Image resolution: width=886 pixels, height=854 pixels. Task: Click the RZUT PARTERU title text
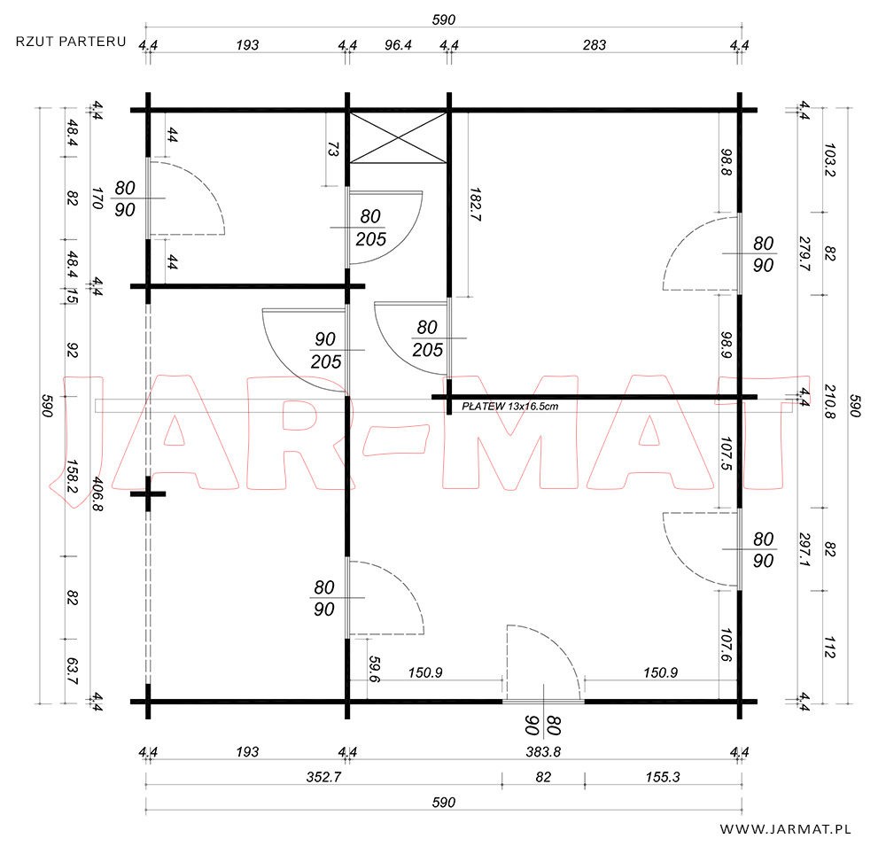coord(71,42)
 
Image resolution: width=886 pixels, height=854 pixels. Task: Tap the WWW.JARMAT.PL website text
coord(785,829)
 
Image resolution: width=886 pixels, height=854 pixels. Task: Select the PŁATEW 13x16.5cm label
coord(510,406)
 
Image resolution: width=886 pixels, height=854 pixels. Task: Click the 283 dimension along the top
coord(595,44)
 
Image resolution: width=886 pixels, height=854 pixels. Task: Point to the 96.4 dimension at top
coord(399,44)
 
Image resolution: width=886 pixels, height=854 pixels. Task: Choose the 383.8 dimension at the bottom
coord(543,752)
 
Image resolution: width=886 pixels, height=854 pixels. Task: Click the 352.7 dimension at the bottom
coord(323,777)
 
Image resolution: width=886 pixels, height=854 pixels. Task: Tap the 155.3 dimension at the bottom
coord(663,777)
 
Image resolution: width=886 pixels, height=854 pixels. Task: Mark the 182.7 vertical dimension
coord(475,205)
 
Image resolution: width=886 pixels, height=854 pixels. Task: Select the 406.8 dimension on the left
coord(97,493)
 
